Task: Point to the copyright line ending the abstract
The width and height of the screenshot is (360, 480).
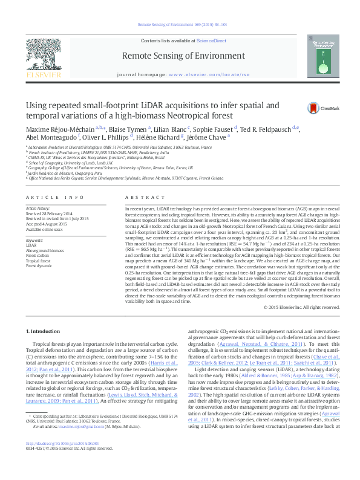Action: click(299, 308)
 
